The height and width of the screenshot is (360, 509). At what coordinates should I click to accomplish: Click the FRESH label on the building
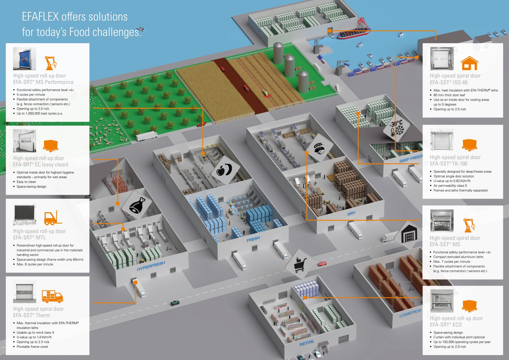point(253,239)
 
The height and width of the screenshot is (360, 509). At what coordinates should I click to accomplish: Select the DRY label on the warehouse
point(352,213)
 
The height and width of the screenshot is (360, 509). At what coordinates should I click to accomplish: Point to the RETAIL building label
point(307,343)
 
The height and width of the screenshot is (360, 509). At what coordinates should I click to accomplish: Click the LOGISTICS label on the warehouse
point(410,313)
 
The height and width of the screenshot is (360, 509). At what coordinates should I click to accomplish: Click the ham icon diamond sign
point(137,205)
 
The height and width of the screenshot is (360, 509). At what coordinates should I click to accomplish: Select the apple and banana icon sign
point(225,170)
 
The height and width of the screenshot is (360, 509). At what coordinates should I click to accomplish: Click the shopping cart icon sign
point(300,264)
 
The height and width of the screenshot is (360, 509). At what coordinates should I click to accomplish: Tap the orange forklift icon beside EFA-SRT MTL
point(52,218)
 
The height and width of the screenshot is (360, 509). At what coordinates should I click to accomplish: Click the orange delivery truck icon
point(52,296)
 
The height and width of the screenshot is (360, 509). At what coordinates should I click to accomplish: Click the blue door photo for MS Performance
point(25,59)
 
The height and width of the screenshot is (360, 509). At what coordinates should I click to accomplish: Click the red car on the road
point(322,263)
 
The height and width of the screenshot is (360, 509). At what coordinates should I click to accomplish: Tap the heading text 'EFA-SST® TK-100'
point(449,164)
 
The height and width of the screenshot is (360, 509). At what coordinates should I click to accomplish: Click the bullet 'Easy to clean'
point(26,182)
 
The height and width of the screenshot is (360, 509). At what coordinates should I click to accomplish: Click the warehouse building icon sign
point(409,235)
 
